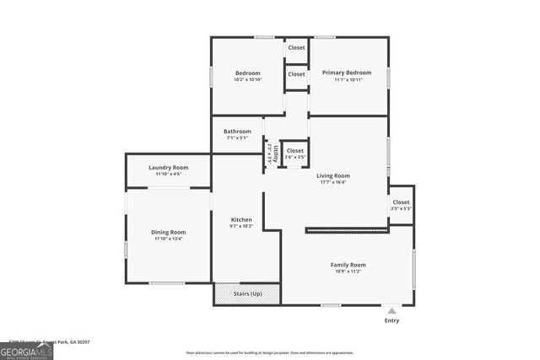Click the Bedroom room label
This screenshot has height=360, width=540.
(x=247, y=73)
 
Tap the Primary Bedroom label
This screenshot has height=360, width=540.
(x=347, y=73)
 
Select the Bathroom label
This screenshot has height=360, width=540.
(x=237, y=131)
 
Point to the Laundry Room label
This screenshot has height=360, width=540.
(x=168, y=167)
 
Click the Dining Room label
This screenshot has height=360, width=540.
(x=169, y=232)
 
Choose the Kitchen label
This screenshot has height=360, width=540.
(x=241, y=219)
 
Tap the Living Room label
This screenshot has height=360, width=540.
(x=333, y=175)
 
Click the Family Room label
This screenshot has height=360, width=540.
(x=348, y=265)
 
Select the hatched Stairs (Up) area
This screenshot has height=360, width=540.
(x=247, y=293)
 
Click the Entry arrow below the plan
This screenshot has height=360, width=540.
(x=391, y=310)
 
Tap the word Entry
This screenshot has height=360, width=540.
(x=391, y=320)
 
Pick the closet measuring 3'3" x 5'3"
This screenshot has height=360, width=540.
(x=401, y=205)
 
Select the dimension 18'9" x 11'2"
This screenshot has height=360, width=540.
(x=348, y=272)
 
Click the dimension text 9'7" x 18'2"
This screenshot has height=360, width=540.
(x=241, y=226)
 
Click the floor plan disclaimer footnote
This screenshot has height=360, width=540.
(x=269, y=352)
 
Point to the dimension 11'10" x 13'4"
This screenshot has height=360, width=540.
(x=169, y=239)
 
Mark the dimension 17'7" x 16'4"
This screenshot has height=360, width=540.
(x=333, y=182)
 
